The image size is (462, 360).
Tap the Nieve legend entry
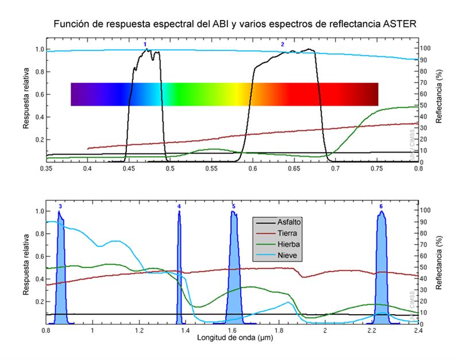click(x=287, y=256)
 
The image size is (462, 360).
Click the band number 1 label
click(x=145, y=44)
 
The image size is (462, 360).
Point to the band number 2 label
click(x=282, y=44)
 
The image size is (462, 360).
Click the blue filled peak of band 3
click(x=60, y=270)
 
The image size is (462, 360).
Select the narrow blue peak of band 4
click(x=179, y=270)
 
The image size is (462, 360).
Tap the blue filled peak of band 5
click(x=233, y=270)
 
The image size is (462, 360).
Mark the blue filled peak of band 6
click(x=380, y=270)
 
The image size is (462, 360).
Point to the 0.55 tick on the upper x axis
click(x=211, y=169)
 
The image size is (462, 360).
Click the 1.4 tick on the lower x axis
click(x=185, y=331)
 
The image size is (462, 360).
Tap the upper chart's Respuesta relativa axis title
click(x=27, y=103)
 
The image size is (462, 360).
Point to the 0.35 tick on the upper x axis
click(x=47, y=169)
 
